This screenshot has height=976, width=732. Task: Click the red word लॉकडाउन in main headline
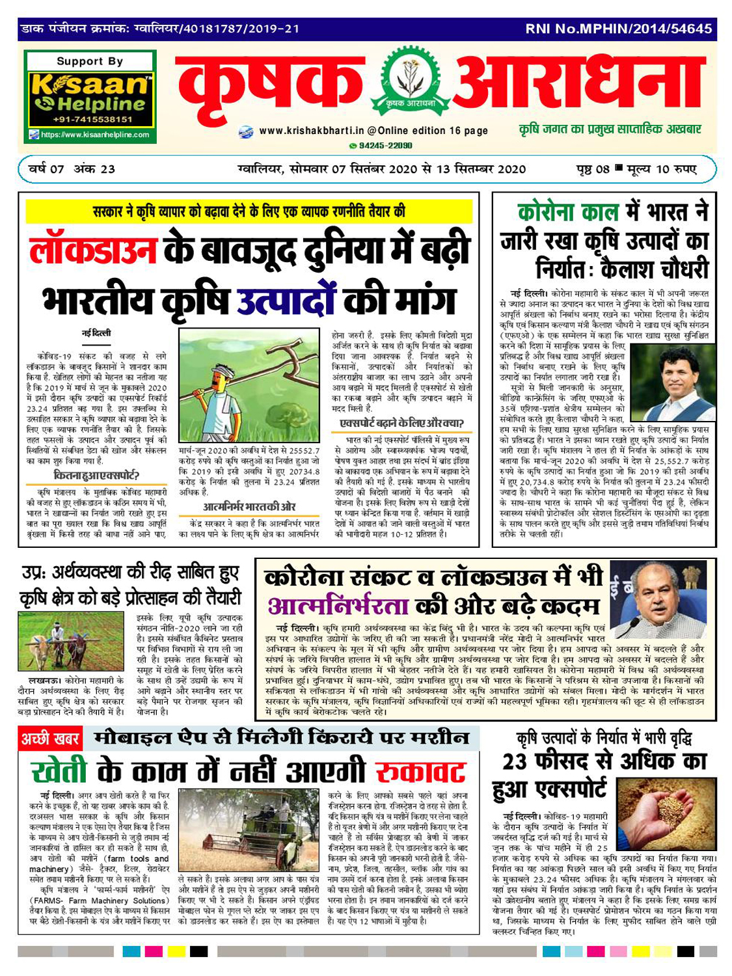click(93, 250)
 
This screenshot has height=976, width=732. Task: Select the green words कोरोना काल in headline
click(563, 213)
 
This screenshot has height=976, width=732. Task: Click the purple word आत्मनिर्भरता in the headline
click(338, 606)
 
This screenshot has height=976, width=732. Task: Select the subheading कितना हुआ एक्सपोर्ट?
click(96, 475)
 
